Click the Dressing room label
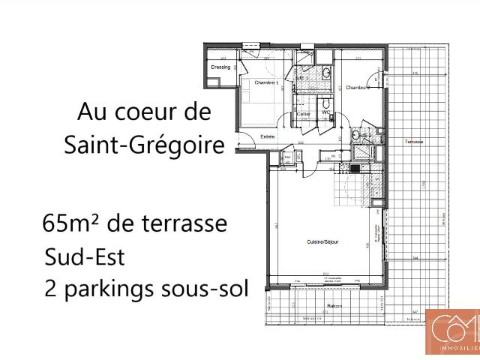pos(220,67)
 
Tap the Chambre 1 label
pos(266,82)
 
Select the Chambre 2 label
pos(358,88)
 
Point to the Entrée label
pos(268,136)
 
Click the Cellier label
pos(303,114)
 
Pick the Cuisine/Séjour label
pos(322,242)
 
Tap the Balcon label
pos(334,306)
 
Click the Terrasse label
pos(413,142)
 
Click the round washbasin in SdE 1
pos(325,73)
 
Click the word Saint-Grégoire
pos(145,144)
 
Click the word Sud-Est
pos(84,257)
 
